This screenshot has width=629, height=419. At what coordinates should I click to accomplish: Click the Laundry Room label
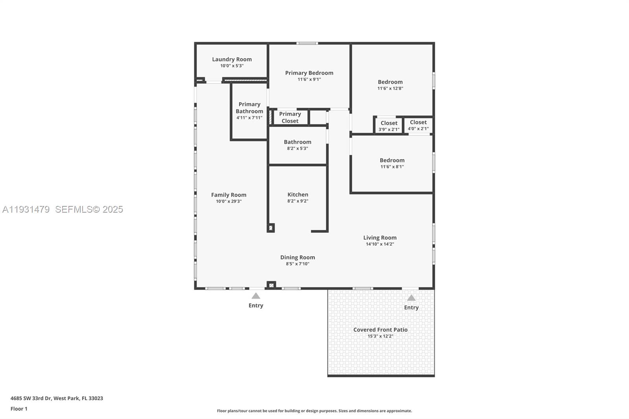[232, 59]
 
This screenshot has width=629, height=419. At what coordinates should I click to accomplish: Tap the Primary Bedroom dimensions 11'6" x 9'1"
[309, 79]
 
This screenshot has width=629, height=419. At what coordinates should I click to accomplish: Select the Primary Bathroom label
[249, 108]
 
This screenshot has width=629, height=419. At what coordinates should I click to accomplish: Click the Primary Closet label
[290, 118]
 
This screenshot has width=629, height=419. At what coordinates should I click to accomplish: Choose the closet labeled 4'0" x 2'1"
[418, 125]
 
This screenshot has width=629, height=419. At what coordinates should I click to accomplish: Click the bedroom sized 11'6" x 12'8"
[390, 85]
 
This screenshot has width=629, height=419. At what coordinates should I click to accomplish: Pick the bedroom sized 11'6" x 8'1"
[392, 163]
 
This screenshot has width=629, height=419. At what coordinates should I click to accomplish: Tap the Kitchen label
[298, 195]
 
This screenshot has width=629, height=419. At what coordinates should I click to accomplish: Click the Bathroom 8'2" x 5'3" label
[298, 142]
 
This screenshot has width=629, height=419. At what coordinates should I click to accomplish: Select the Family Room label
[228, 195]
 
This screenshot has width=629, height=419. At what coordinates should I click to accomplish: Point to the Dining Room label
[298, 257]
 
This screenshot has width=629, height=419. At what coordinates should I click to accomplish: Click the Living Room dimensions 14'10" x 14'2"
[380, 244]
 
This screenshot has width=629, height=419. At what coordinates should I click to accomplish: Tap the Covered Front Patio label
[380, 330]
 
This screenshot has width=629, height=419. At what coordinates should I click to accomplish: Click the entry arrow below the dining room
[256, 296]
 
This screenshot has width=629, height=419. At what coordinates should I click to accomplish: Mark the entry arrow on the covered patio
[411, 298]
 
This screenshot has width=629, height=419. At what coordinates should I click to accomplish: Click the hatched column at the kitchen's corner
[271, 228]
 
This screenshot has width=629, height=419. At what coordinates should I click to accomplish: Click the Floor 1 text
[19, 409]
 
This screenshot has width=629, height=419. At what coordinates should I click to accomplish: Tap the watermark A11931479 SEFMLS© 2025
[63, 209]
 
